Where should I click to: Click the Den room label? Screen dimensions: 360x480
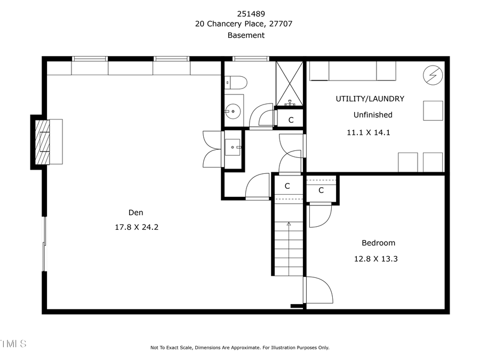click(x=135, y=212)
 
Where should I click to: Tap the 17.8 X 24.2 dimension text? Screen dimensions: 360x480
click(x=137, y=227)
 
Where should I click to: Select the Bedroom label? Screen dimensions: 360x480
click(x=379, y=243)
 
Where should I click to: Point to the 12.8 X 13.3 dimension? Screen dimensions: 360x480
click(x=377, y=259)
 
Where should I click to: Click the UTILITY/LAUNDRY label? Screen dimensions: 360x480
click(x=370, y=99)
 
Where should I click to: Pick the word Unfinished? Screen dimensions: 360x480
click(x=373, y=115)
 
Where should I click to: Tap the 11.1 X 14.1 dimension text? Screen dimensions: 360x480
click(x=369, y=132)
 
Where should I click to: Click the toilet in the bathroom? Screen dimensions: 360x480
click(x=235, y=82)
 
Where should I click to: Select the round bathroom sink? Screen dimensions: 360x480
click(x=233, y=112)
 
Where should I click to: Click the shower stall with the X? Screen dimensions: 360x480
click(x=289, y=83)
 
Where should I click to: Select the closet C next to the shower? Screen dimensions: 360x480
click(x=291, y=120)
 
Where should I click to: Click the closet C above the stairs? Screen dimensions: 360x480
click(x=287, y=186)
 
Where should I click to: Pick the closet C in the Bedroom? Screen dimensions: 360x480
click(x=321, y=190)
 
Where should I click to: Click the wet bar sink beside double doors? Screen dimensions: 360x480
click(x=233, y=147)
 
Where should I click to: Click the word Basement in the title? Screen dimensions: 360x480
click(x=246, y=35)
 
